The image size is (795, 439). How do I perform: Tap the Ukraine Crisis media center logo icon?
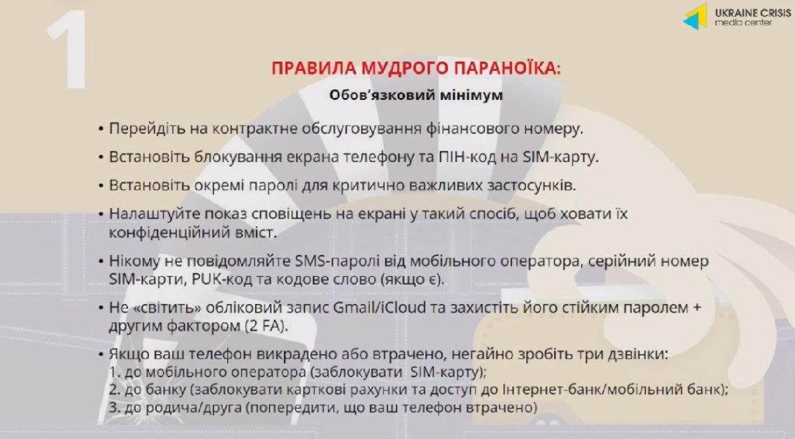pos(696,16)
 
